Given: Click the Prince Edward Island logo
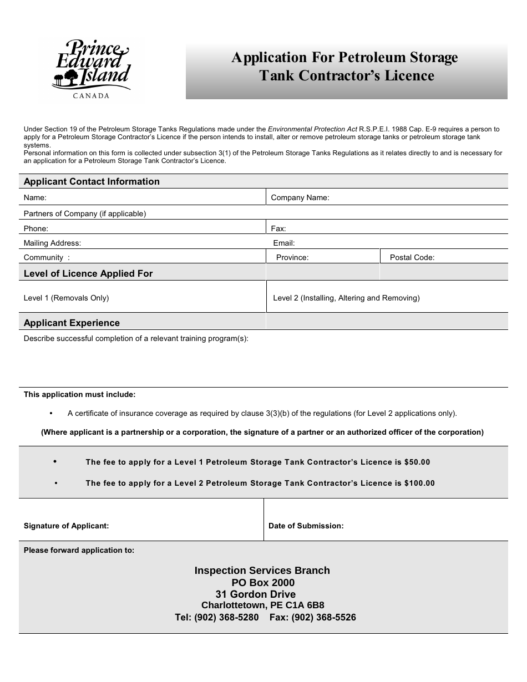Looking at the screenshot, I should tap(92, 66).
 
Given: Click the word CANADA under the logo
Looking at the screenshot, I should tap(92, 95).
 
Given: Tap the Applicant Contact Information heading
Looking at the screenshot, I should tap(92, 181).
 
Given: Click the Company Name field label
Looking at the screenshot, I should tap(300, 197).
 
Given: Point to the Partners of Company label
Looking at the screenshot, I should tap(85, 213).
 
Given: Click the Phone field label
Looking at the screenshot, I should tap(36, 228).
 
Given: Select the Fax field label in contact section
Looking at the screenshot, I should tap(278, 228).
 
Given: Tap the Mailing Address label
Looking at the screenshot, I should tap(52, 243).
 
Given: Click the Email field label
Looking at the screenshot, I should tap(284, 243).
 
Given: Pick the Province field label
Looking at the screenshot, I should tap(292, 257).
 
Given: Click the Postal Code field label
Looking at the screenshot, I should tap(412, 257).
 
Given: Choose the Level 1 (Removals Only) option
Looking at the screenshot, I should tap(66, 298).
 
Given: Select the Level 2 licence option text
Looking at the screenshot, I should tap(346, 298).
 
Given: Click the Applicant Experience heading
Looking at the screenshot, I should tap(72, 323).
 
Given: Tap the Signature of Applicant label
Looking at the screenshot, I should tap(66, 526).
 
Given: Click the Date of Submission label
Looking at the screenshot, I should tap(306, 526).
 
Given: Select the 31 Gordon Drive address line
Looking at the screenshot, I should tap(256, 594).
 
